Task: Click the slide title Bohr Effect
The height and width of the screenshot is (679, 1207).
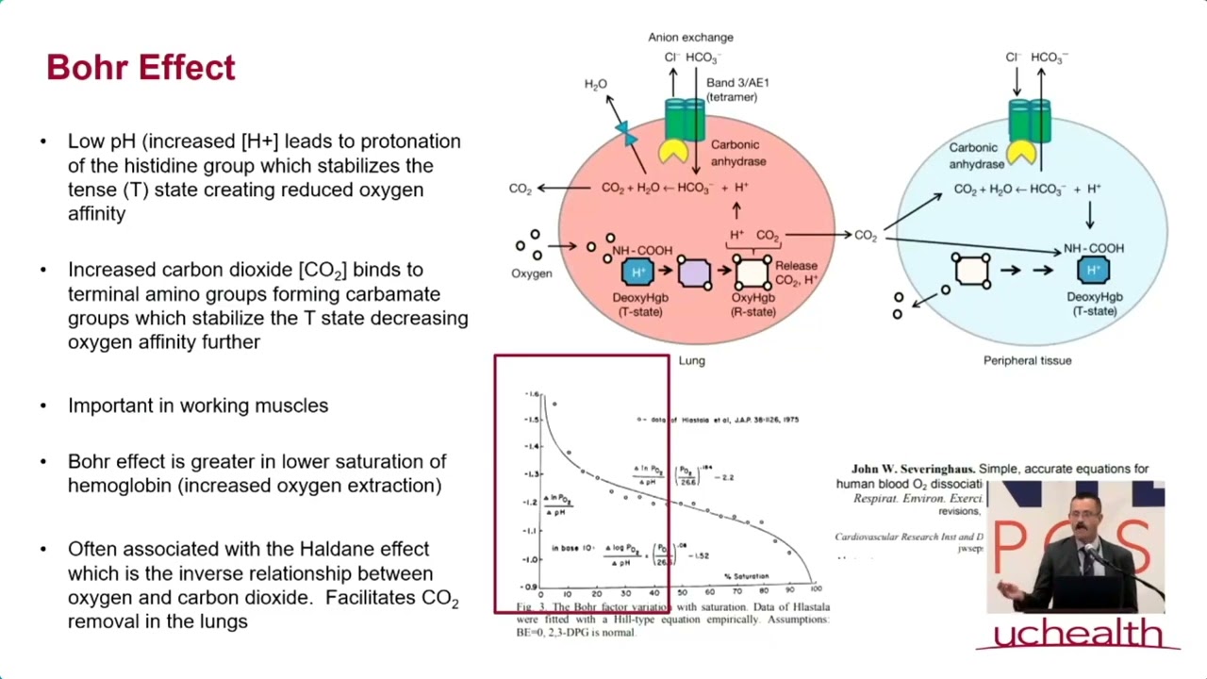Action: point(141,68)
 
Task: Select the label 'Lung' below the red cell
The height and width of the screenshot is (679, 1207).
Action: point(691,360)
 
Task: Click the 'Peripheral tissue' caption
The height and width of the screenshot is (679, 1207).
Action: point(1027,360)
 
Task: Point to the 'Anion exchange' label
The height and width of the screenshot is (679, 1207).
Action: point(690,38)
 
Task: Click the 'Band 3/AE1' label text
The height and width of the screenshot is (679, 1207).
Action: point(737,83)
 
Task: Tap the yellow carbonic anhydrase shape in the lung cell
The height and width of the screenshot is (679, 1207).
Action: point(673,151)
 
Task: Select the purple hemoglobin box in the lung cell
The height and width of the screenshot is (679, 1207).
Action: point(695,273)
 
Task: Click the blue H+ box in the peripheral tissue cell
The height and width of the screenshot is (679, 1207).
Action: point(1093,271)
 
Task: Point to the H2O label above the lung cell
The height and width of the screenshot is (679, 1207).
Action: point(595,85)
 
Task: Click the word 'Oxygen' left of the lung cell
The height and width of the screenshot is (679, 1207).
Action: point(531,273)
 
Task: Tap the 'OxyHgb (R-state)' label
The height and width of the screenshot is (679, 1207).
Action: point(752,305)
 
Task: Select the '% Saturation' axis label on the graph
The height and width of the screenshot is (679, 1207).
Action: point(746,575)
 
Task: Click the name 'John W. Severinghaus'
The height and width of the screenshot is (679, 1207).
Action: point(912,469)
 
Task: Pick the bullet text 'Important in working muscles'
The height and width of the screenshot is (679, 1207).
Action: point(198,406)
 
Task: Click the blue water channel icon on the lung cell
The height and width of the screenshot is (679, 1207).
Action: point(624,132)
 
